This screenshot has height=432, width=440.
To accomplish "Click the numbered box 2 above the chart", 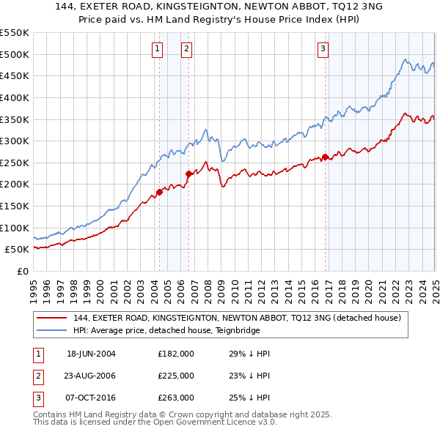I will [x=187, y=49].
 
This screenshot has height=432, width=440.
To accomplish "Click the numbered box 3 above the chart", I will [x=323, y=49].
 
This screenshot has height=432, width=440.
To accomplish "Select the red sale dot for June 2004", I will [x=159, y=192].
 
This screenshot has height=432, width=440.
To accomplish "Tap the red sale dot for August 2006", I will [x=188, y=174].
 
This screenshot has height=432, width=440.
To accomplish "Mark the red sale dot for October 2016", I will [x=326, y=157].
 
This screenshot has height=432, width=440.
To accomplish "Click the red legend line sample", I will [x=51, y=319].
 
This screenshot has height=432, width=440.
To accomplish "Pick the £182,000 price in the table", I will [x=176, y=354].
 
